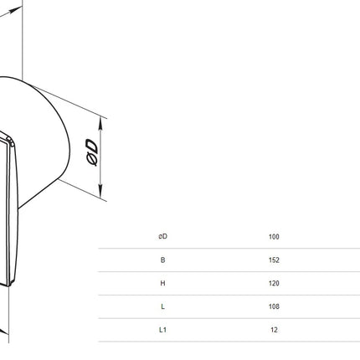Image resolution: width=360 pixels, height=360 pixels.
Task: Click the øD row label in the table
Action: (x=163, y=236)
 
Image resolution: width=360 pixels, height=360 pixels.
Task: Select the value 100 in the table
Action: (x=274, y=237)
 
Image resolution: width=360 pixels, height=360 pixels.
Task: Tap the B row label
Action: (x=162, y=260)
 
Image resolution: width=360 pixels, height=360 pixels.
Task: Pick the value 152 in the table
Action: (x=274, y=260)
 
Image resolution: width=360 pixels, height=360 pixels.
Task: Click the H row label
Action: (x=162, y=283)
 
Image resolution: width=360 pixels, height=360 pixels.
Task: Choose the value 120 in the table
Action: (x=274, y=283)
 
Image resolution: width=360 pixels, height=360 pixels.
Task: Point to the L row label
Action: (x=162, y=306)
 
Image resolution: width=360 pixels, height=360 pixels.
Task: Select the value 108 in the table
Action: (x=274, y=306)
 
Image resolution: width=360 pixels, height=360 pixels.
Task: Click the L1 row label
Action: (x=162, y=330)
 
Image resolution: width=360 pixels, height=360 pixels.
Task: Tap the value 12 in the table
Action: (x=274, y=330)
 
